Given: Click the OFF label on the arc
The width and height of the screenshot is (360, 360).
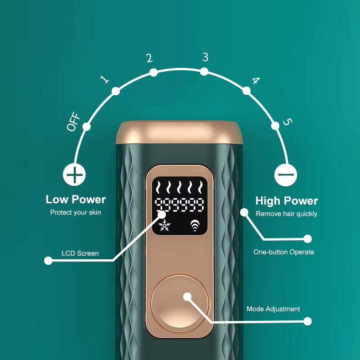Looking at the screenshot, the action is (73, 122).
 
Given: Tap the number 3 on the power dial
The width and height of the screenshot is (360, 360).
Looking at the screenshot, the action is (206, 57).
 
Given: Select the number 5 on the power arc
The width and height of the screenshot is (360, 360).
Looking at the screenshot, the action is (288, 122).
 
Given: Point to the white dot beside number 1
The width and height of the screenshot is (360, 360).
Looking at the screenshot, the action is (116, 91).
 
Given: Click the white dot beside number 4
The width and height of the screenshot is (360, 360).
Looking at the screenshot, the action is (247, 91).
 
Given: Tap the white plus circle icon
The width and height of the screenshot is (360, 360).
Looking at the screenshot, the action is (74, 175).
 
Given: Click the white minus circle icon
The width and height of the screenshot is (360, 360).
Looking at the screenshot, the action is (286, 175).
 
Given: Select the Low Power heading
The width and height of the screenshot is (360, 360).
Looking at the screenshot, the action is (76, 200).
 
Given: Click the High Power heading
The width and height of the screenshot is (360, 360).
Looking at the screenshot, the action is (287, 201).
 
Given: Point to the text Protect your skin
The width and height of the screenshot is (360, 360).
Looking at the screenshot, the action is (76, 212).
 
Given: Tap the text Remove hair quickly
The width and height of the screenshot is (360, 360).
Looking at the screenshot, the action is (287, 214).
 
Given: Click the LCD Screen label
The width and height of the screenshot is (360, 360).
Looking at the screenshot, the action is (80, 253).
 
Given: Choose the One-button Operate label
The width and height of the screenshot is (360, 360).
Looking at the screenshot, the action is (284, 252).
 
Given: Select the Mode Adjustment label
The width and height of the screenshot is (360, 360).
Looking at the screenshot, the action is (273, 309).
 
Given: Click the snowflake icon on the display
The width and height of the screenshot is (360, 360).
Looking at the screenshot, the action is (165, 225).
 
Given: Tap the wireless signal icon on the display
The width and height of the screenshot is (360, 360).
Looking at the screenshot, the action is (195, 225).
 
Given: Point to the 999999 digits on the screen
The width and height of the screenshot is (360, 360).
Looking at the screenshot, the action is (180, 205).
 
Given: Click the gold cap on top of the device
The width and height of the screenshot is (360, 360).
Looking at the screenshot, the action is (179, 133).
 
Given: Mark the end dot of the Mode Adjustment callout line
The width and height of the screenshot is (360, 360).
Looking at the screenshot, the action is (308, 321).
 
